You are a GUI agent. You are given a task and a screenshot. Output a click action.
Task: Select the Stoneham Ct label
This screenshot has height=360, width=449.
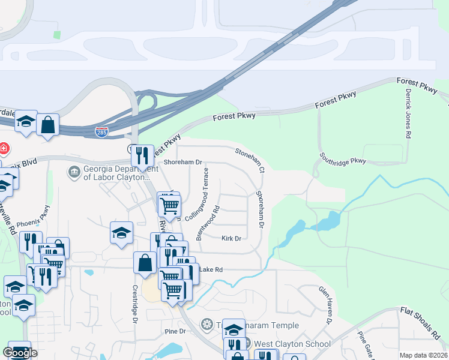(250, 160)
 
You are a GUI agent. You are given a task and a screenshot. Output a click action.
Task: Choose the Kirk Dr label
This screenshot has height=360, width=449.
(231, 239)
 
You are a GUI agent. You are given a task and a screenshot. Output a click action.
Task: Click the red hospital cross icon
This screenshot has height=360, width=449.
(4, 148)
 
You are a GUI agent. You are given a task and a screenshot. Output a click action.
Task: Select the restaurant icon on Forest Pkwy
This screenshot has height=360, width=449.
(142, 156)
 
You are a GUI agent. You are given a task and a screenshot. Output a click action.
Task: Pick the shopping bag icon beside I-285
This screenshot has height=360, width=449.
(48, 125)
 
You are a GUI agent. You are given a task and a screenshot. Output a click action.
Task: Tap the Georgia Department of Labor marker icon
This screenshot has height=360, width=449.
(74, 172)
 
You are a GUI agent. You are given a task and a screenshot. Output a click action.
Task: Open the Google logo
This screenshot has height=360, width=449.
(20, 353)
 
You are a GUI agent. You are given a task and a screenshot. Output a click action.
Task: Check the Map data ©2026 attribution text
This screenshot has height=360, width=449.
(423, 355)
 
